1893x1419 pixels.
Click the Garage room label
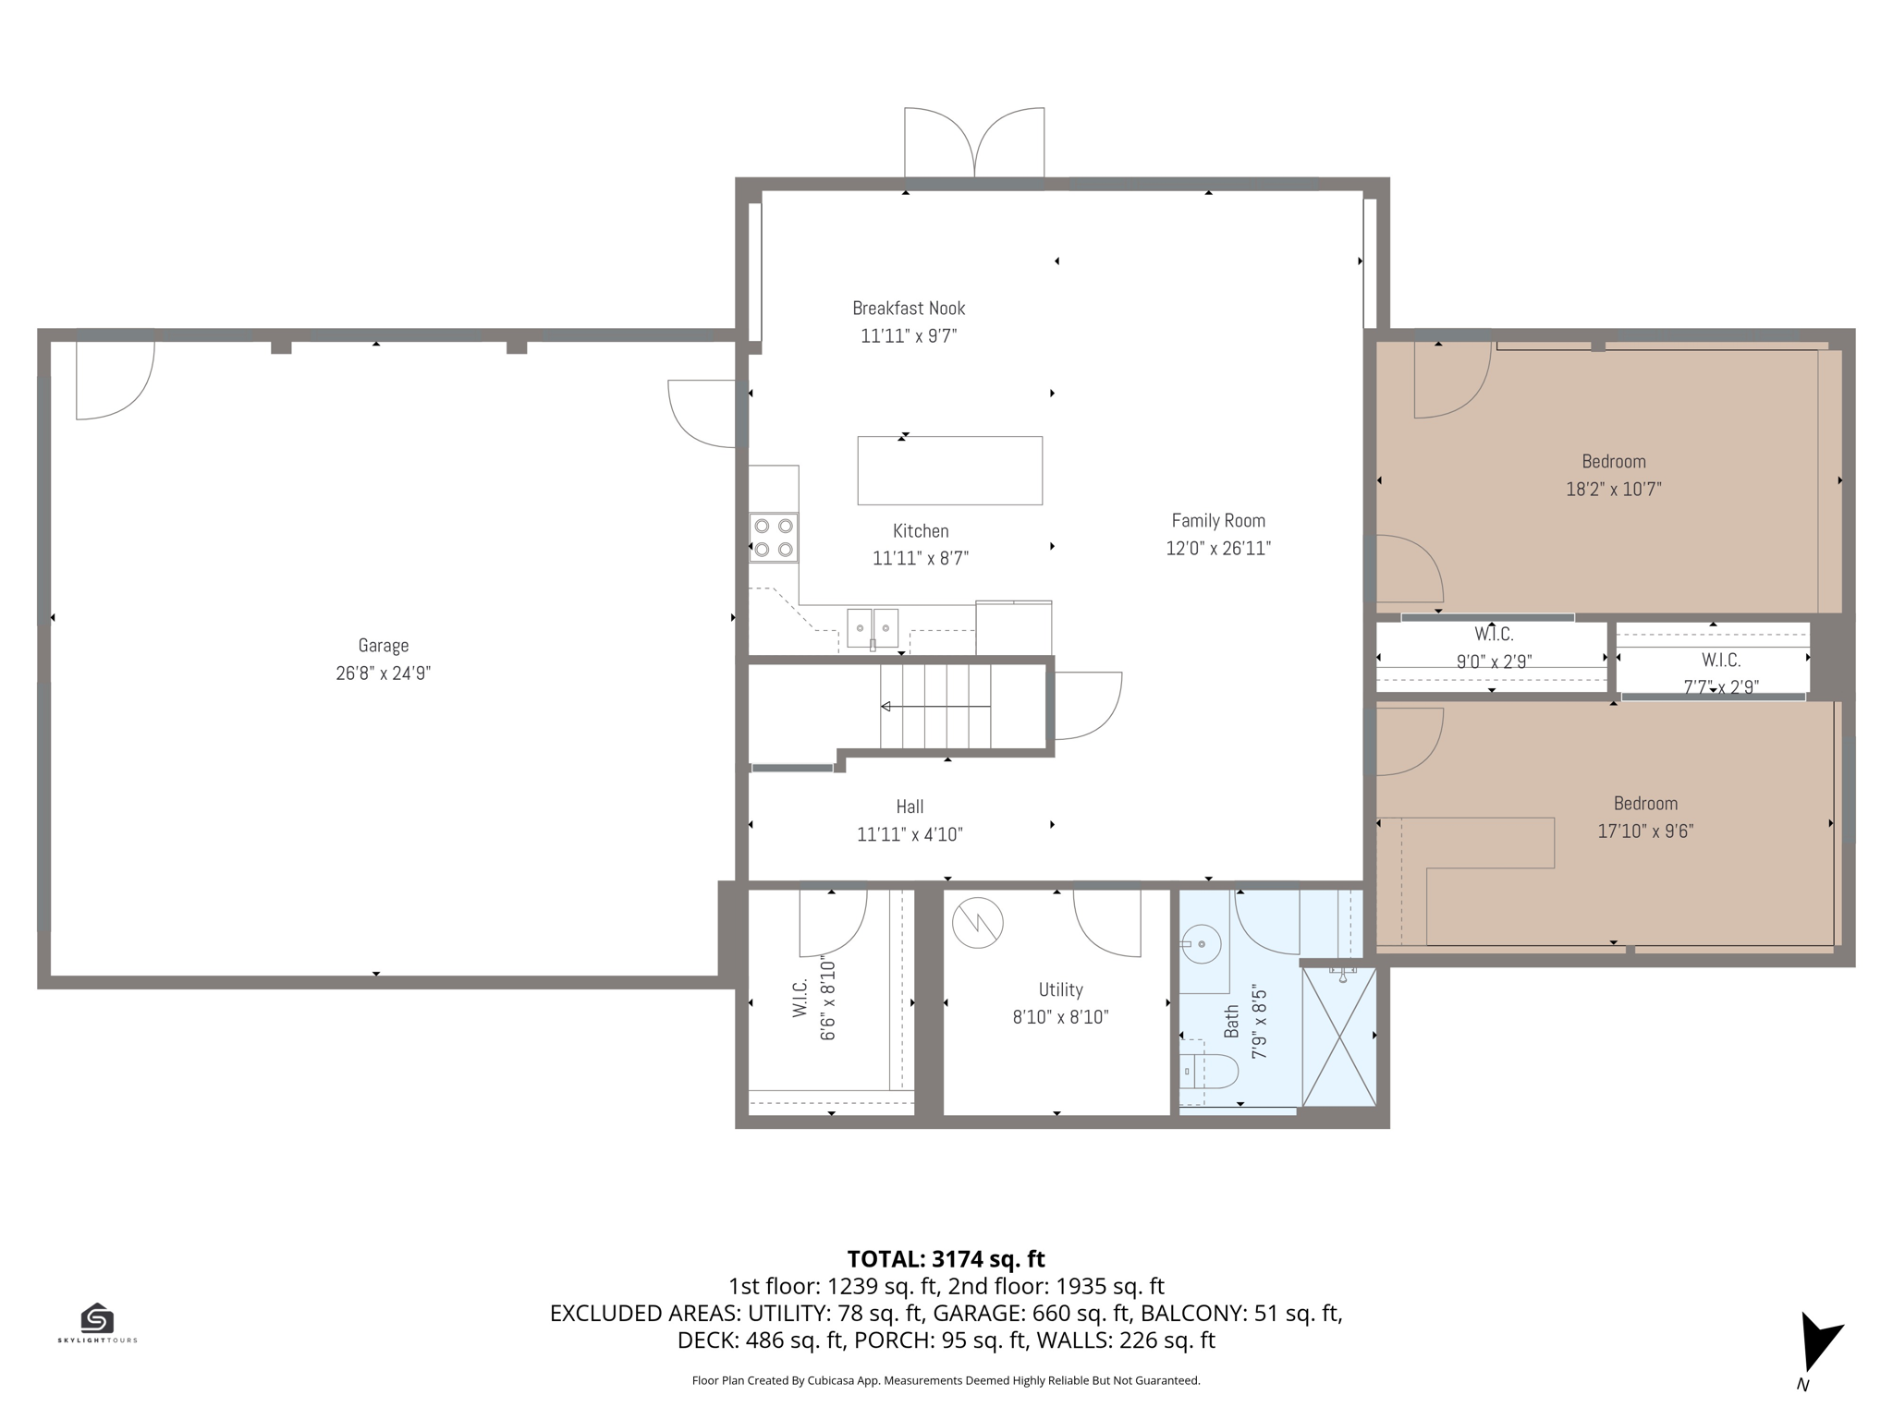(x=383, y=646)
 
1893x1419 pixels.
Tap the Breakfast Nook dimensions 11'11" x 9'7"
(x=909, y=336)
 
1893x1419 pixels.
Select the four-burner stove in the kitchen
(x=774, y=538)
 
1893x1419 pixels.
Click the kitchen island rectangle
(x=949, y=470)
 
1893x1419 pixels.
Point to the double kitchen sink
(x=873, y=628)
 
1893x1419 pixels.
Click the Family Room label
(x=1218, y=521)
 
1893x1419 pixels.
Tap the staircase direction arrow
(x=934, y=707)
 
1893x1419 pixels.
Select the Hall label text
(x=910, y=807)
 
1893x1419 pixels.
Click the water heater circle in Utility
(x=977, y=923)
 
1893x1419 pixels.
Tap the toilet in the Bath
(x=1212, y=1072)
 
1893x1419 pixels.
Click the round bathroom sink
(x=1200, y=944)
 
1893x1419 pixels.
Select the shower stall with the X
(x=1338, y=1037)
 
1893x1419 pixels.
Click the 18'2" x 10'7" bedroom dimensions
(x=1613, y=490)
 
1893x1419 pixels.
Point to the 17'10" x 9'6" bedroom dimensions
(x=1645, y=831)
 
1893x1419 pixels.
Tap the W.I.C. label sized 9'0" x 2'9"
(x=1494, y=635)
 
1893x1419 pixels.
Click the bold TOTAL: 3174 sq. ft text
(x=946, y=1259)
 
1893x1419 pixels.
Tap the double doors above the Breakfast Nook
(x=974, y=143)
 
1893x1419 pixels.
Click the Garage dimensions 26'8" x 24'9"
(x=383, y=673)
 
